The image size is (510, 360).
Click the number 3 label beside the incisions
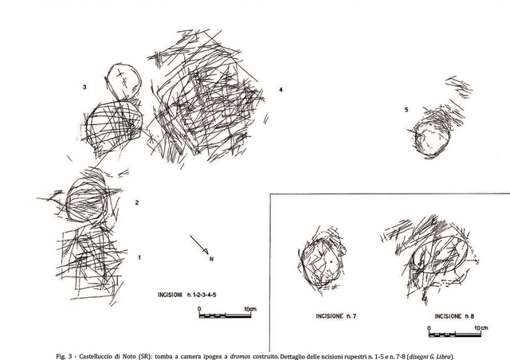tap(84, 87)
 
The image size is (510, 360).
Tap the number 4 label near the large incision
tap(280, 89)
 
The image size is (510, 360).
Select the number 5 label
tap(406, 110)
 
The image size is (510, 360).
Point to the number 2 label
tap(137, 202)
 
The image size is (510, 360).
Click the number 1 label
tap(139, 257)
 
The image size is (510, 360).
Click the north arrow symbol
tap(199, 245)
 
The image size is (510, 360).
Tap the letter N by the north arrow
tap(211, 259)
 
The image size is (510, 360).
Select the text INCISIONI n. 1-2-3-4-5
tap(187, 295)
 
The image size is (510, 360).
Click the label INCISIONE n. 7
tap(336, 315)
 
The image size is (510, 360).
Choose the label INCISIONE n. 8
tap(454, 315)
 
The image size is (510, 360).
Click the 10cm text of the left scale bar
tap(250, 309)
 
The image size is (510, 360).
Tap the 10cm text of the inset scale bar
tap(481, 328)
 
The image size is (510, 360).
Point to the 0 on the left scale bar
tap(199, 309)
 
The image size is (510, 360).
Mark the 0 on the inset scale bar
tap(429, 328)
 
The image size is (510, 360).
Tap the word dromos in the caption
tap(240, 357)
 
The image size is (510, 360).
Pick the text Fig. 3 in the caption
tap(64, 357)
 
